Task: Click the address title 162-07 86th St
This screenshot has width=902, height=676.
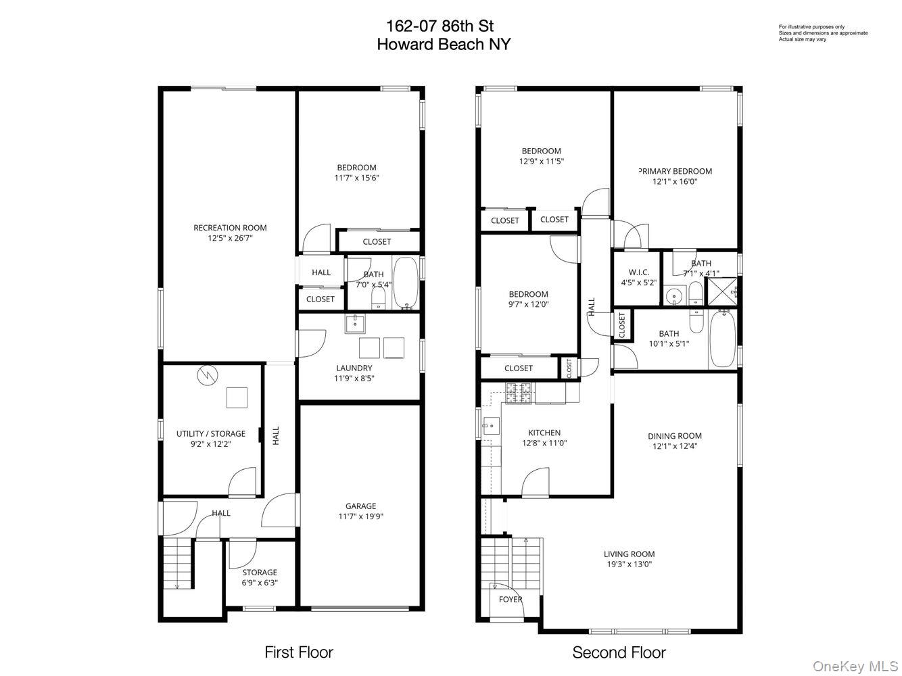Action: (x=440, y=26)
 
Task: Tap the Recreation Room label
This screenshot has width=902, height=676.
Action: (x=230, y=228)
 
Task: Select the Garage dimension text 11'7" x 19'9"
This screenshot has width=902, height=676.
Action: (x=360, y=516)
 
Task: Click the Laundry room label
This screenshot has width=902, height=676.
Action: (x=354, y=368)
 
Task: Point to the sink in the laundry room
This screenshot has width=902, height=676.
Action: (x=355, y=324)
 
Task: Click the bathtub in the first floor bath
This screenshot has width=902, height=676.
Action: (x=406, y=283)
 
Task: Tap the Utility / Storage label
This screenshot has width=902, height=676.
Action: (x=211, y=434)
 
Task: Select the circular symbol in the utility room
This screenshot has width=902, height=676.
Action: (x=207, y=375)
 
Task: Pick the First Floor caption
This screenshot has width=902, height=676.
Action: (x=298, y=652)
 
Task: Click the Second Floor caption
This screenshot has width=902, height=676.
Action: (x=619, y=652)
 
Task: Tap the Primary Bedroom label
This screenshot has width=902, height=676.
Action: (x=675, y=172)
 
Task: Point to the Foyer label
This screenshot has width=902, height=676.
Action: (x=511, y=600)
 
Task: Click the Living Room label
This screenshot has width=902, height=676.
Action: (x=629, y=554)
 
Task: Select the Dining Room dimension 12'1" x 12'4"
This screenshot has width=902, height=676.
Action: (x=674, y=446)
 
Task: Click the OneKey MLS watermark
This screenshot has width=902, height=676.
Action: (x=854, y=667)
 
